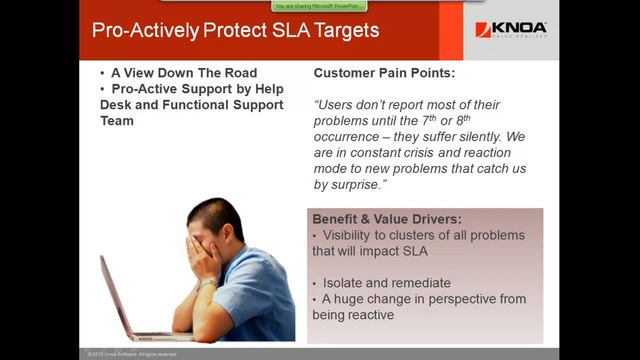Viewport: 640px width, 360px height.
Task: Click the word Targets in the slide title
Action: [x=342, y=30]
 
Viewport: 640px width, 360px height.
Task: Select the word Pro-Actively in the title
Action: [x=141, y=30]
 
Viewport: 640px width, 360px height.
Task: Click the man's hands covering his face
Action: [x=204, y=255]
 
